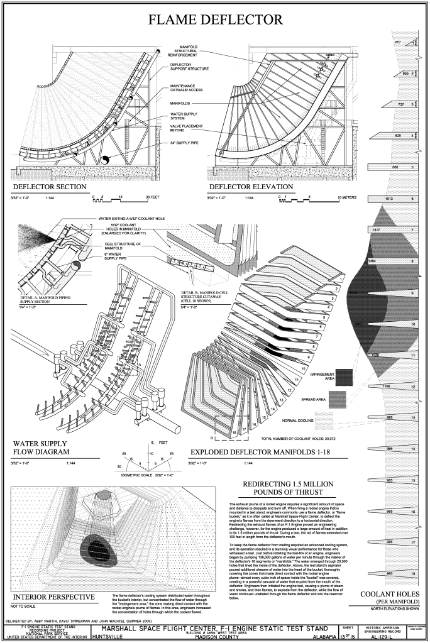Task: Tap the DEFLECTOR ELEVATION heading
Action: pos(251,187)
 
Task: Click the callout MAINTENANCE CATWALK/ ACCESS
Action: pos(189,87)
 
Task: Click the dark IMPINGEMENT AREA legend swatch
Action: pos(344,377)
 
